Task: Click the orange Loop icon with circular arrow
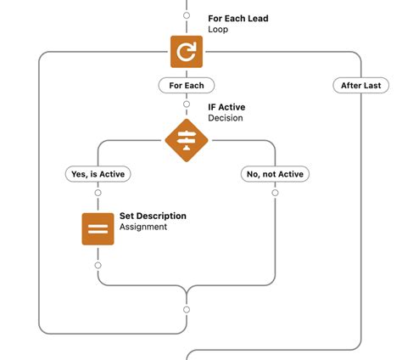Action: pyautogui.click(x=186, y=52)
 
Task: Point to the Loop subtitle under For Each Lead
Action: pyautogui.click(x=219, y=29)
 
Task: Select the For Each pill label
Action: pyautogui.click(x=187, y=85)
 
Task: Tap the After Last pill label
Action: pyautogui.click(x=361, y=85)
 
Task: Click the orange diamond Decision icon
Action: pyautogui.click(x=186, y=140)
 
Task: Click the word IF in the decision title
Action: pyautogui.click(x=213, y=107)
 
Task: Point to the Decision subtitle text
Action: pyautogui.click(x=226, y=118)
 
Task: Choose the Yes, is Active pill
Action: pyautogui.click(x=98, y=174)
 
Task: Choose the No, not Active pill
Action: pyautogui.click(x=275, y=174)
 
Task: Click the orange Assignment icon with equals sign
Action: pyautogui.click(x=98, y=229)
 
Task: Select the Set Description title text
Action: pyautogui.click(x=153, y=216)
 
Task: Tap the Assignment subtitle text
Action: pyautogui.click(x=143, y=227)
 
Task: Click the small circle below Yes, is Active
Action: pyautogui.click(x=98, y=193)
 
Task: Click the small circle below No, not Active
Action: pyautogui.click(x=275, y=193)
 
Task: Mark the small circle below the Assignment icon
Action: pyautogui.click(x=98, y=266)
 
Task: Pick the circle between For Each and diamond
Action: pyautogui.click(x=187, y=104)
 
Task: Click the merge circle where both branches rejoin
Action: pyautogui.click(x=187, y=309)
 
